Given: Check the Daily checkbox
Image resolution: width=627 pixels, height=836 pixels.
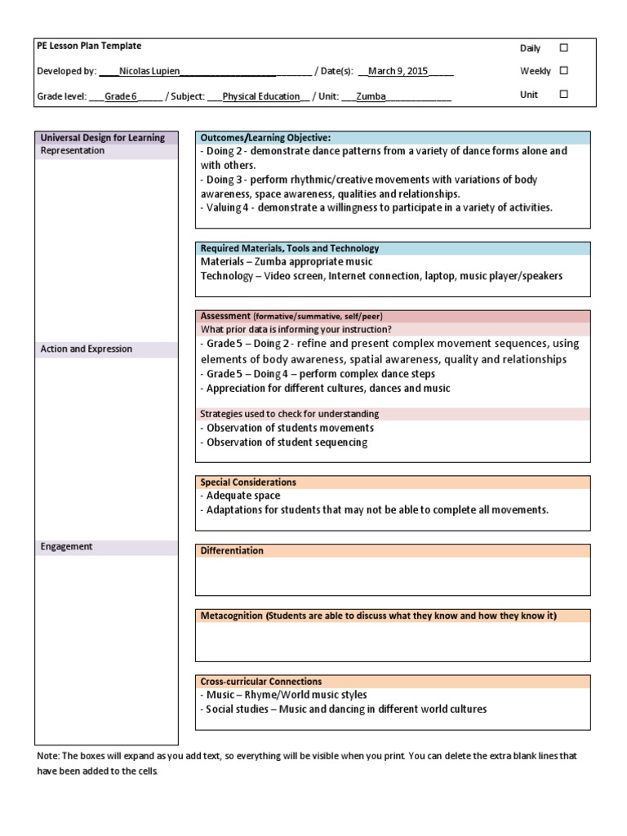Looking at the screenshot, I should click(563, 48).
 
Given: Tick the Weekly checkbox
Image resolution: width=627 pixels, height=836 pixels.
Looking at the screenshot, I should click(563, 71).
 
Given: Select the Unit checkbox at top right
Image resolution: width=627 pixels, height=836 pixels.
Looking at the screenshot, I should click(563, 95).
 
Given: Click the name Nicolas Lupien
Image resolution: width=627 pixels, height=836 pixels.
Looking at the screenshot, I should click(149, 72).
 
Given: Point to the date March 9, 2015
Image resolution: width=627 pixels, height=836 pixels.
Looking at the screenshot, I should click(398, 72).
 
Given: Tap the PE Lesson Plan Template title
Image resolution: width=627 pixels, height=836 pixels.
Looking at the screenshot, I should click(89, 47).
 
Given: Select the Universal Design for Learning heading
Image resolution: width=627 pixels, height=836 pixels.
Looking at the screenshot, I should click(103, 138).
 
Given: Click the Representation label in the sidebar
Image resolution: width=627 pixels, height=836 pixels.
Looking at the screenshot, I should click(73, 151).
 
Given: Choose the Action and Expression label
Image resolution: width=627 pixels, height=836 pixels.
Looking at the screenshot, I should click(87, 349).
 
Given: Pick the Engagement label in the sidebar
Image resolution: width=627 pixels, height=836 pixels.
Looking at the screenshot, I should click(67, 547).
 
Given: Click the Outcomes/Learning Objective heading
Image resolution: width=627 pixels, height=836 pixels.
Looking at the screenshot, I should click(265, 138).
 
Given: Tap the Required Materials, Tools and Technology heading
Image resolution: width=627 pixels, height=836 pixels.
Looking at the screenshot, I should click(290, 248).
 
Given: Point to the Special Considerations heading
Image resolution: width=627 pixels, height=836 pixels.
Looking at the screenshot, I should click(248, 482).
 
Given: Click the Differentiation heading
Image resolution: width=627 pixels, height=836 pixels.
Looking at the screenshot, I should click(232, 551).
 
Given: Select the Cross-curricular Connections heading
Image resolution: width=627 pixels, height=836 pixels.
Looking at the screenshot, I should click(261, 682).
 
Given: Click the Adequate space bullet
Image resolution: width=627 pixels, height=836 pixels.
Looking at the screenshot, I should click(242, 496).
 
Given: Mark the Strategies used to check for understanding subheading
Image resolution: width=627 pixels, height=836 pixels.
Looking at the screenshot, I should click(290, 414).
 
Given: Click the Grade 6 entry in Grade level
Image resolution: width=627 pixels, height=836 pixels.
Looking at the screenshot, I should click(121, 96).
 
